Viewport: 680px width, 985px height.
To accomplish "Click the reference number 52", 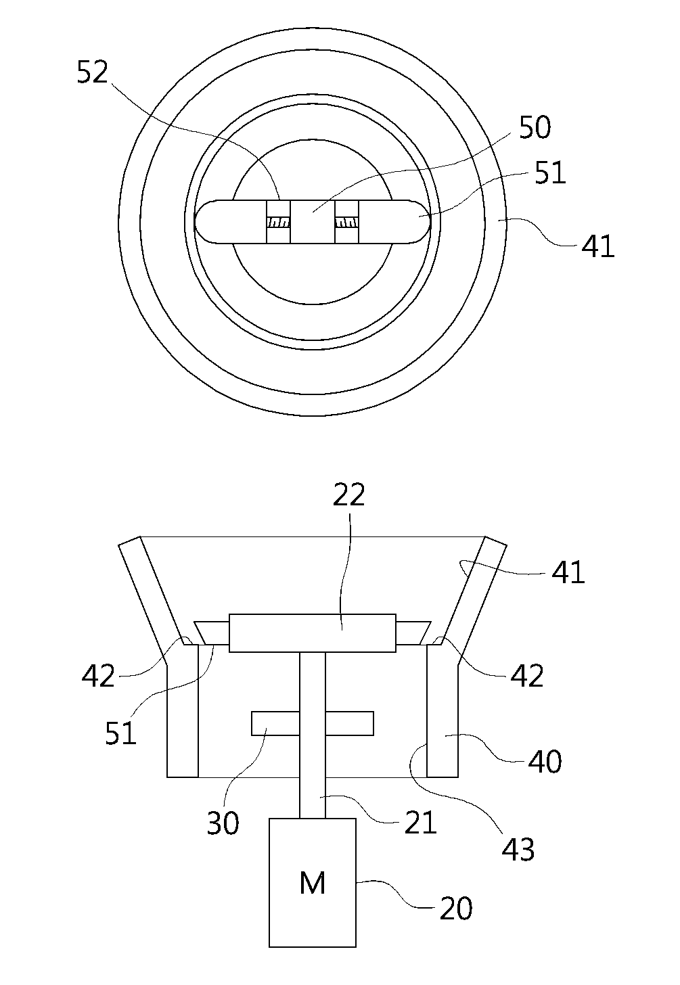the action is tap(93, 72).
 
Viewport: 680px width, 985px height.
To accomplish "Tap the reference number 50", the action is tap(535, 127).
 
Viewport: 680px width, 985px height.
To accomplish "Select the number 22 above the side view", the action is tap(349, 495).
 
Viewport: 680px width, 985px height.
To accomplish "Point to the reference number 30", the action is tap(223, 823).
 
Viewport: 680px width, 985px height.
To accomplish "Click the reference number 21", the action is tap(420, 823).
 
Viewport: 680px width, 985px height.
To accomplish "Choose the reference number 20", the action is tap(456, 909).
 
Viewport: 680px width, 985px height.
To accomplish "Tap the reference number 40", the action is tap(545, 762).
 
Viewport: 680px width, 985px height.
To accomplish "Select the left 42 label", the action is tap(97, 675).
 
